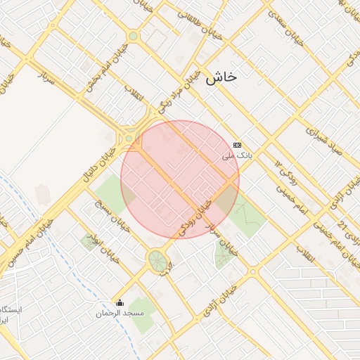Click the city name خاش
pos(220,79)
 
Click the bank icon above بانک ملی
pos(237,143)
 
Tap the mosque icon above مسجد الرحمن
pos(120,303)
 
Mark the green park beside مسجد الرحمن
pos(143,316)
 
